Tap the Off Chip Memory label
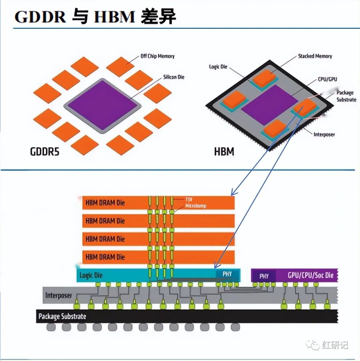tap(158, 56)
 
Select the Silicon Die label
tap(174, 77)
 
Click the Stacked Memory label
tap(315, 56)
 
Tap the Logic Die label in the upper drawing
tap(218, 67)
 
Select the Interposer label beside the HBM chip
tap(324, 134)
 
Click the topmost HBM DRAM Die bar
tap(158, 203)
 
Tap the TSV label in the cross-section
tap(189, 199)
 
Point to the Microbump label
tap(196, 206)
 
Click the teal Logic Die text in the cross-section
tap(91, 275)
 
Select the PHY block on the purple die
tap(264, 276)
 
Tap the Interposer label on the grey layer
tap(59, 295)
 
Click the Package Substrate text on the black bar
tap(62, 316)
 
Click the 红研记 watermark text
tap(335, 345)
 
